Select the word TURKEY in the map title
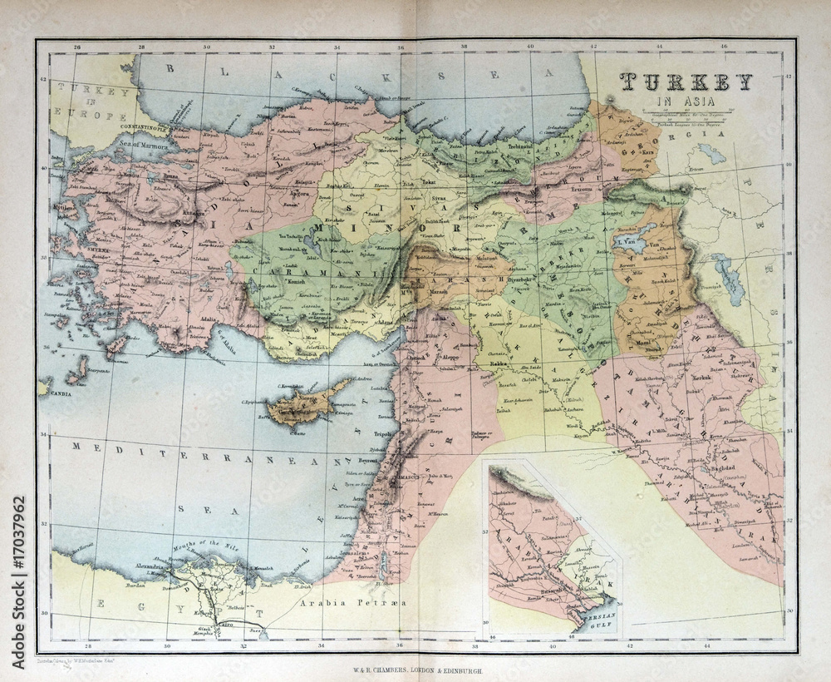(686, 82)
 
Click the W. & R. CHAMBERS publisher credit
(415, 667)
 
